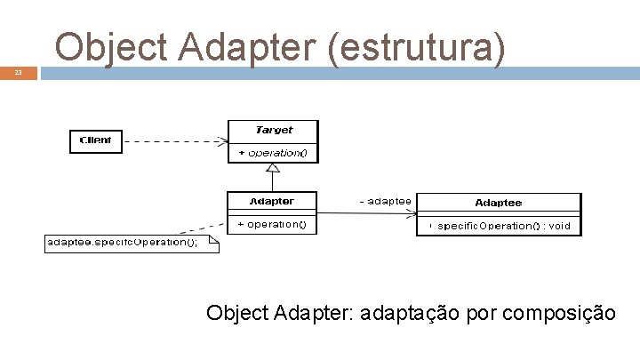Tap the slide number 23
point(18,74)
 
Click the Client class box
point(95,140)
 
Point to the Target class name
point(273,130)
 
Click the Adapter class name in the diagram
point(271,202)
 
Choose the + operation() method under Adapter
point(272,225)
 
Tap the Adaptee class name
point(498,204)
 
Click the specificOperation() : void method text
point(503,226)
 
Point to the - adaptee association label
point(384,202)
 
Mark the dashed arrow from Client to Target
point(173,140)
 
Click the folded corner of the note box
point(213,239)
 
